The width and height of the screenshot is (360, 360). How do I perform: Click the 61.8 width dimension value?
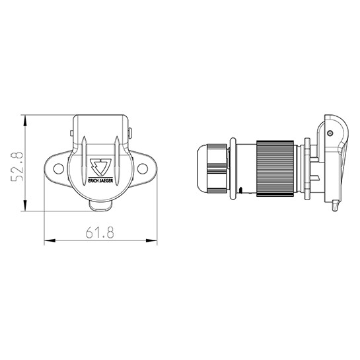tap(100, 233)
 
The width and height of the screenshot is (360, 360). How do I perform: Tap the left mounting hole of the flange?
tap(58, 168)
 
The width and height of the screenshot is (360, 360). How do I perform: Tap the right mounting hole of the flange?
tap(142, 168)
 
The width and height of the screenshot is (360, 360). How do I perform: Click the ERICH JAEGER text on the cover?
tap(100, 181)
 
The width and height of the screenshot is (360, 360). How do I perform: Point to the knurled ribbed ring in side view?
tap(275, 168)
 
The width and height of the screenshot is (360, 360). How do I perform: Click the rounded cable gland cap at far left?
tap(201, 168)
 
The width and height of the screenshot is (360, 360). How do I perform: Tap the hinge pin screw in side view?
tap(330, 133)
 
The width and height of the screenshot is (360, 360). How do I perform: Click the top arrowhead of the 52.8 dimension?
tap(25, 120)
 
